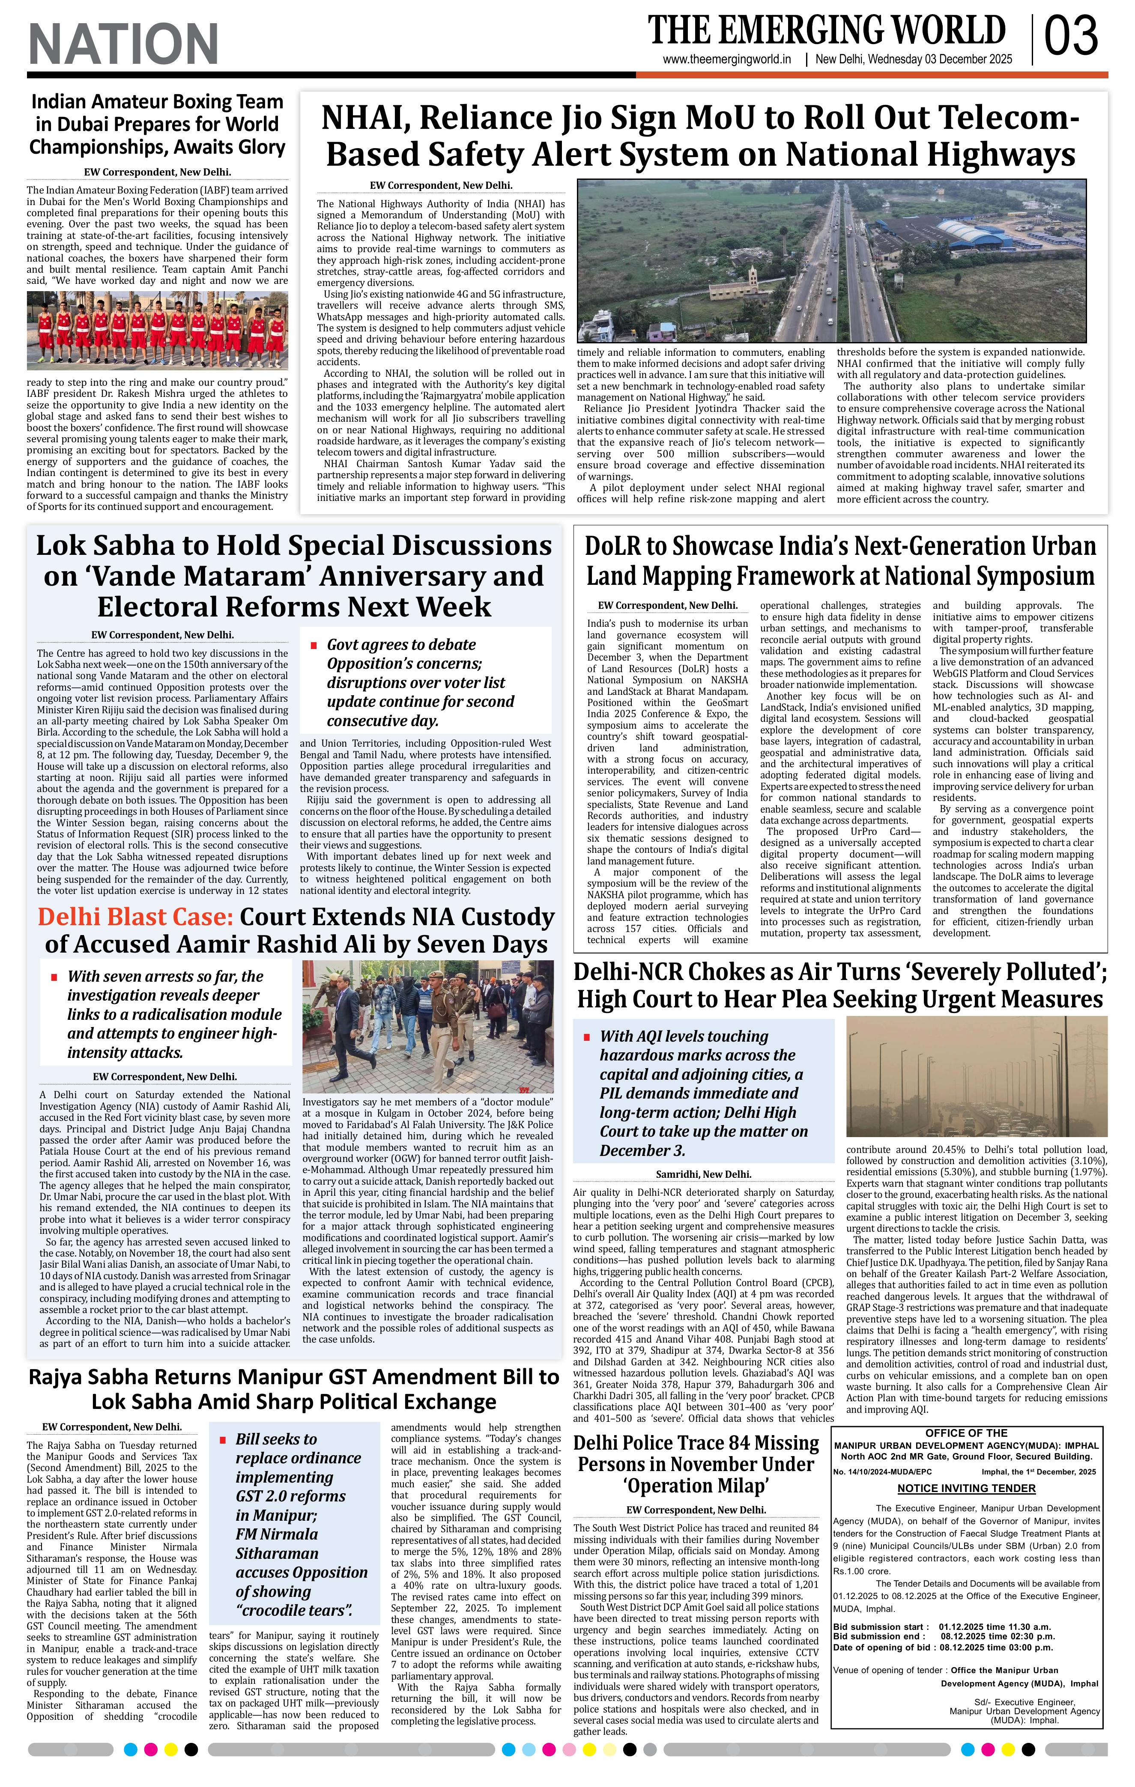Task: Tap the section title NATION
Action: point(123,44)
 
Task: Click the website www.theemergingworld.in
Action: point(727,60)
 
